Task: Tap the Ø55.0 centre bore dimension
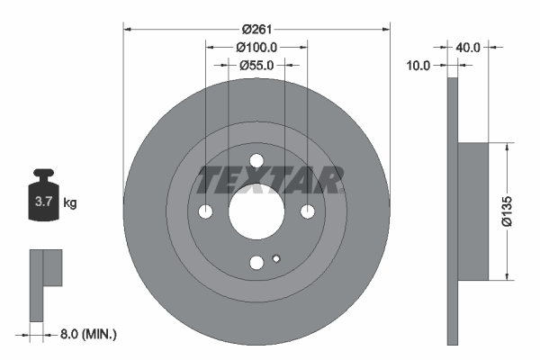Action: point(256,65)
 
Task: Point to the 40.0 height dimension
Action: point(470,45)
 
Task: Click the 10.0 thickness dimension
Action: point(419,65)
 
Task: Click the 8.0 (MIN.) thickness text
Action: point(88,335)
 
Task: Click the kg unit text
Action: point(70,203)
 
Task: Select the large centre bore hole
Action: point(256,212)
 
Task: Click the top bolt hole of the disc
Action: point(256,162)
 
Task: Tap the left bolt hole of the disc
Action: point(206,212)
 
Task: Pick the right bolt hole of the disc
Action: point(308,212)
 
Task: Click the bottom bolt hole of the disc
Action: point(256,263)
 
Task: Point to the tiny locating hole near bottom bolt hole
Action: point(276,260)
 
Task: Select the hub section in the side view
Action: point(473,212)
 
